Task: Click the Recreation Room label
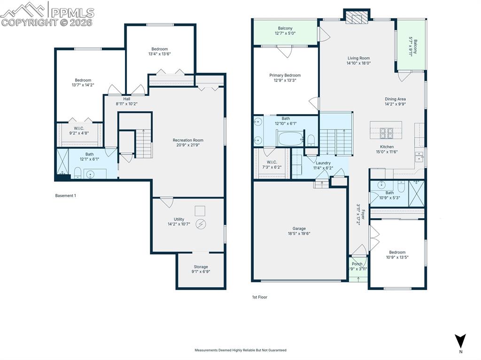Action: tap(188, 140)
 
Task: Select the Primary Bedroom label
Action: tap(285, 75)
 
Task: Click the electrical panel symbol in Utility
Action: tap(201, 224)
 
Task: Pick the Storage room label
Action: tap(201, 267)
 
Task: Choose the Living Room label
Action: tap(358, 58)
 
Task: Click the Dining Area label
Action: tap(395, 99)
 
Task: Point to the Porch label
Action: tap(357, 264)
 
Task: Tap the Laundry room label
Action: tap(323, 163)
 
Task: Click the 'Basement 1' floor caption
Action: tap(65, 196)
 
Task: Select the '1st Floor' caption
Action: tap(260, 297)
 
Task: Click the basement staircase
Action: tap(144, 144)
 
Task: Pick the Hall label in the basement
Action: tap(126, 99)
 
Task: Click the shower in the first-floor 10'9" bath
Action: tap(416, 193)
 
